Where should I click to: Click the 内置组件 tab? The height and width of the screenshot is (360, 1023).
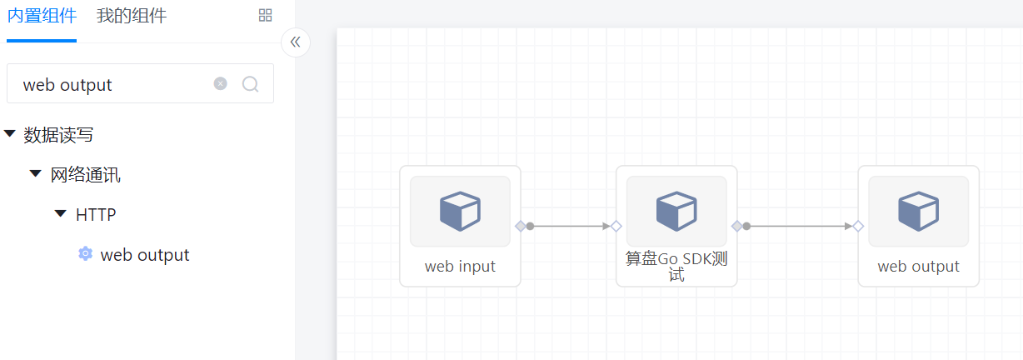tap(42, 16)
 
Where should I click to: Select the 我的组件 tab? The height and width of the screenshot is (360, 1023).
tap(132, 16)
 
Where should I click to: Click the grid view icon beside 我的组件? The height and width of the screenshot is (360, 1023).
tap(266, 15)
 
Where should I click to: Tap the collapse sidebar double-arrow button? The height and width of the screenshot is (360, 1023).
tap(296, 42)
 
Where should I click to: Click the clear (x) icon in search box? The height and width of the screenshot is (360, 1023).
tap(220, 83)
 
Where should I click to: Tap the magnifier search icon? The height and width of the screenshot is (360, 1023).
tap(250, 84)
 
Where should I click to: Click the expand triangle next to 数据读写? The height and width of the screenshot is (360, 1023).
tap(10, 134)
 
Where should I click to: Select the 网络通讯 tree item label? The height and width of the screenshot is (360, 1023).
tap(86, 175)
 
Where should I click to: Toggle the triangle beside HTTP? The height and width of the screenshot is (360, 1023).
tap(60, 214)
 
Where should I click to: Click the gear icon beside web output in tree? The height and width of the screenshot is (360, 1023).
tap(85, 254)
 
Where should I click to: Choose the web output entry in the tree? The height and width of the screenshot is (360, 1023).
tap(145, 255)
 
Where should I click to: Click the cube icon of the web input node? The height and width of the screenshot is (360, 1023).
tap(460, 211)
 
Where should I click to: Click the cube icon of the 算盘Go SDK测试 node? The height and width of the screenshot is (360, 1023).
tap(676, 211)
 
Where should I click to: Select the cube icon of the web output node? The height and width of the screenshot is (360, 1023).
tap(918, 211)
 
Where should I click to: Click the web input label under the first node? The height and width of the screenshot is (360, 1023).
tap(460, 267)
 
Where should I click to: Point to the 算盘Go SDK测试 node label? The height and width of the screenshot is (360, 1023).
tap(676, 266)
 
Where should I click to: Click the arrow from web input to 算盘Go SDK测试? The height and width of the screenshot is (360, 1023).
tap(571, 226)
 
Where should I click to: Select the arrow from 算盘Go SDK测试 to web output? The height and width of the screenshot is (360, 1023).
tap(800, 226)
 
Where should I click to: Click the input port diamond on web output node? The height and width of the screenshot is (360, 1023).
tap(858, 226)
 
